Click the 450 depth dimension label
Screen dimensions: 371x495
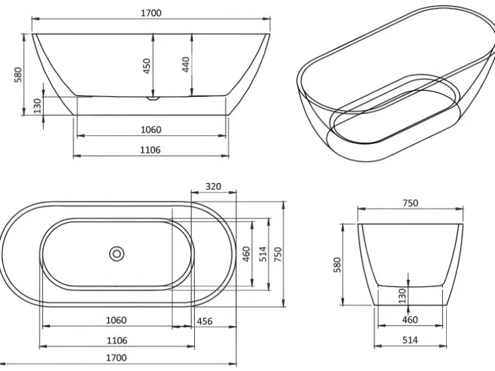pyautogui.click(x=147, y=65)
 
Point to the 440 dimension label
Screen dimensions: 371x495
pyautogui.click(x=186, y=64)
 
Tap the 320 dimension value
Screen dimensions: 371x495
pyautogui.click(x=213, y=187)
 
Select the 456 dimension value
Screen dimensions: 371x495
pyautogui.click(x=204, y=321)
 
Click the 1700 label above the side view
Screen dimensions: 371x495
pyautogui.click(x=151, y=13)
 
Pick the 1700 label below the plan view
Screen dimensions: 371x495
pyautogui.click(x=116, y=358)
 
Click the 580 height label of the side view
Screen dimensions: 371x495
pyautogui.click(x=18, y=75)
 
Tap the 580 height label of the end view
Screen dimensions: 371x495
pyautogui.click(x=337, y=265)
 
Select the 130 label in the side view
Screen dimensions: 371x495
pyautogui.click(x=37, y=104)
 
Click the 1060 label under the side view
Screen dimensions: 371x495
pyautogui.click(x=151, y=130)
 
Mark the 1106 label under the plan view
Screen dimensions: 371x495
pyautogui.click(x=116, y=340)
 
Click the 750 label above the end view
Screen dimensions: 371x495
pyautogui.click(x=410, y=203)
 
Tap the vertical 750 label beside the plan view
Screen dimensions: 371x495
pyautogui.click(x=278, y=254)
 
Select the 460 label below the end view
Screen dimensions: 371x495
pyautogui.click(x=410, y=320)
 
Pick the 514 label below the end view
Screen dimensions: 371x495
pyautogui.click(x=410, y=340)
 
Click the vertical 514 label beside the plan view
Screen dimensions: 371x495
pyautogui.click(x=262, y=254)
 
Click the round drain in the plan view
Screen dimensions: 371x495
pyautogui.click(x=117, y=254)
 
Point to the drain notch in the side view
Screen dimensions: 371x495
pyautogui.click(x=152, y=99)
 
